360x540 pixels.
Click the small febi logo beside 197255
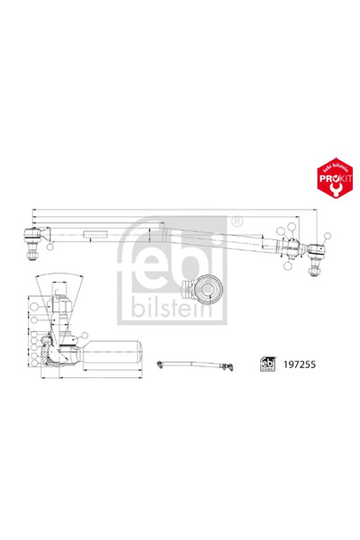click(267, 365)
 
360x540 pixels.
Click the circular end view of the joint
click(207, 290)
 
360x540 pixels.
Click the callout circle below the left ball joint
click(51, 246)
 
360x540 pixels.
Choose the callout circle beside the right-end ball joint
click(293, 228)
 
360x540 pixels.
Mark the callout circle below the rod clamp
click(286, 265)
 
